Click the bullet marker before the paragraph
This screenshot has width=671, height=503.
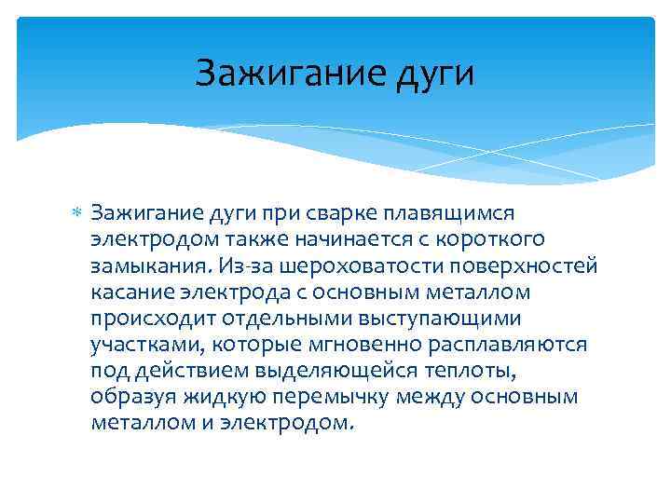[x=77, y=215]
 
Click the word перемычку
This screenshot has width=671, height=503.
[x=333, y=397]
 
